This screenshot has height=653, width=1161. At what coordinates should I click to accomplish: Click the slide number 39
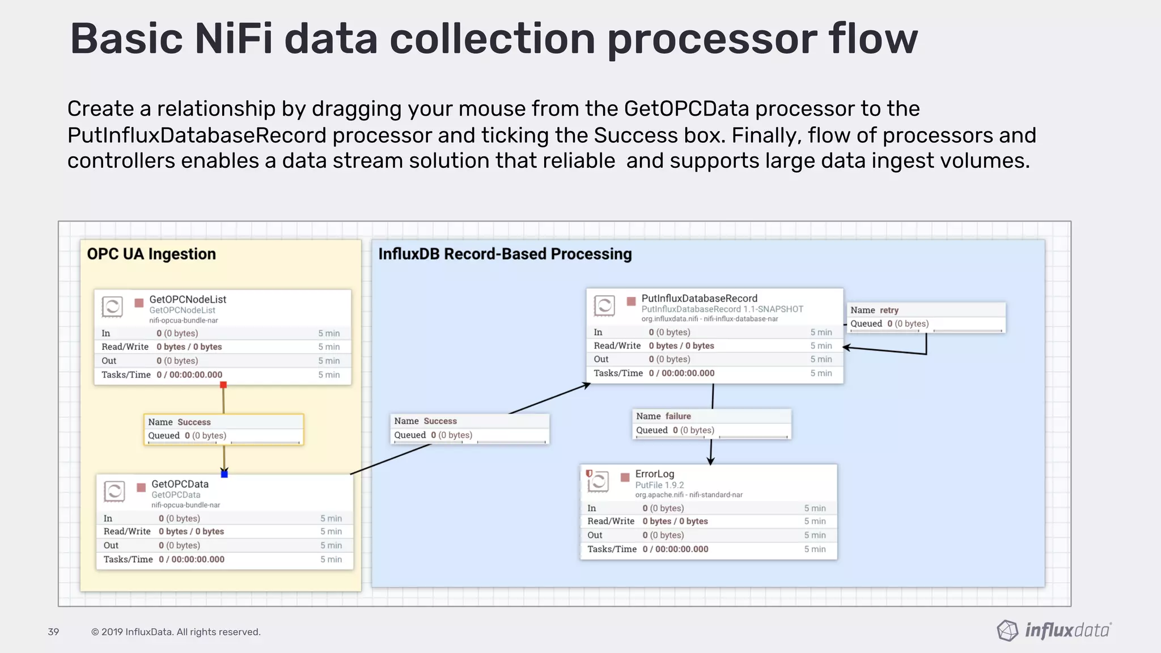click(x=53, y=631)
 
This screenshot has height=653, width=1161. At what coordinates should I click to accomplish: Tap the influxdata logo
click(x=1054, y=630)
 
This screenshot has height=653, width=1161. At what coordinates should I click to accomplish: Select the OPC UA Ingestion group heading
click(x=151, y=254)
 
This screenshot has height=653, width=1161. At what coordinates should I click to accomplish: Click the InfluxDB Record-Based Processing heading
click(x=505, y=254)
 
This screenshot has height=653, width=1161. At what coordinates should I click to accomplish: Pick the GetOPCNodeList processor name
click(x=188, y=299)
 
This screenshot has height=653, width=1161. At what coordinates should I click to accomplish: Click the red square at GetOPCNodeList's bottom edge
click(x=223, y=385)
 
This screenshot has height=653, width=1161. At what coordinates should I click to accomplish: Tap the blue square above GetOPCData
click(x=224, y=473)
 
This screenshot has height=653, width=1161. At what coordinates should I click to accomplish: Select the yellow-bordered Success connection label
click(x=223, y=429)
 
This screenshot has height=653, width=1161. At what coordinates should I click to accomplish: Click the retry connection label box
click(x=926, y=317)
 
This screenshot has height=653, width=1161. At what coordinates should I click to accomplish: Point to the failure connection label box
click(x=711, y=423)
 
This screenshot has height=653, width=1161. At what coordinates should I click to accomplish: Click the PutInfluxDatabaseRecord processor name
click(x=699, y=298)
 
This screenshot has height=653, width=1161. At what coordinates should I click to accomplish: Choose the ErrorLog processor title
click(x=655, y=474)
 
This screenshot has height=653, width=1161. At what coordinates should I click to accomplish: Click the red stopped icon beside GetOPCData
click(x=141, y=487)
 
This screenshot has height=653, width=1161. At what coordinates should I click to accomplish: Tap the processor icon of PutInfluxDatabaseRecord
click(x=604, y=306)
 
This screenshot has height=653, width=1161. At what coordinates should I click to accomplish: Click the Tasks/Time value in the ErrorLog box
click(x=676, y=549)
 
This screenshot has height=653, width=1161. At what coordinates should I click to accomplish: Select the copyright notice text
click(x=176, y=632)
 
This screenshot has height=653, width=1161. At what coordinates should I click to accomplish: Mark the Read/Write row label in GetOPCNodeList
click(x=125, y=347)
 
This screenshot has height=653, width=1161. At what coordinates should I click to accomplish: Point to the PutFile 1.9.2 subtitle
click(x=659, y=485)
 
